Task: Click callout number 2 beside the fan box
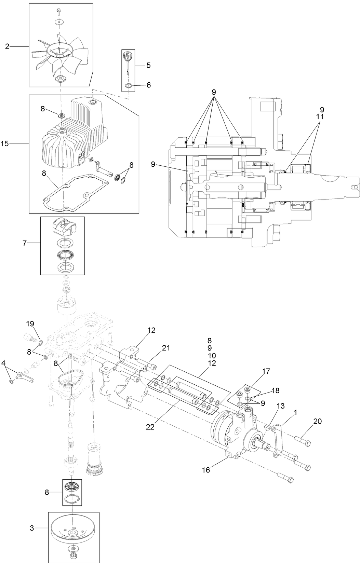coord(7,46)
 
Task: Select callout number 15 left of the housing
coord(5,144)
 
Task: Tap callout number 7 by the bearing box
coord(24,244)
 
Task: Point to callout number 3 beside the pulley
coord(32,528)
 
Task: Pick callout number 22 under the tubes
coord(150,427)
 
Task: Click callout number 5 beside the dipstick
coord(148,65)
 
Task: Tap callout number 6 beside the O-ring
coord(148,85)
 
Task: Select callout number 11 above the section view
coord(320,116)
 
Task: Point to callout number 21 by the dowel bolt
coord(166,348)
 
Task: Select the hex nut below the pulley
coord(73,556)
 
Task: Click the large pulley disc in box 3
coord(73,528)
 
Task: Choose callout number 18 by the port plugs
coord(275,391)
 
